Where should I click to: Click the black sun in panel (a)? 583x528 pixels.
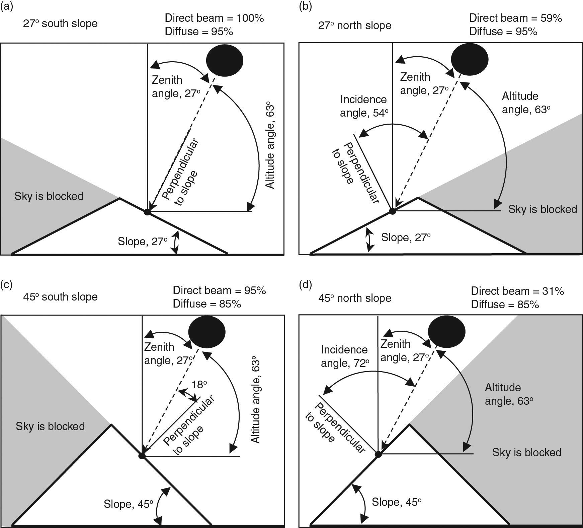[225, 61]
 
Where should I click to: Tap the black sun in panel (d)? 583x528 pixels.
[447, 332]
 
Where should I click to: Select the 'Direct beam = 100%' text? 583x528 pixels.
[215, 18]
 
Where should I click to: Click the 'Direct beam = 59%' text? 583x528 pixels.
[516, 18]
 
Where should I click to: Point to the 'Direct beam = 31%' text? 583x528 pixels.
[518, 291]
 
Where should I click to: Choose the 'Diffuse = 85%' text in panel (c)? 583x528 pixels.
[207, 304]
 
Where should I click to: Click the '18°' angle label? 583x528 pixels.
[200, 385]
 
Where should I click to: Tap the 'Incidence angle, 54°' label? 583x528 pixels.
[364, 106]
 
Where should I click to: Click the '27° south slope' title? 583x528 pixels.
[60, 24]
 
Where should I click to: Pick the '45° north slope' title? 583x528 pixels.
[354, 298]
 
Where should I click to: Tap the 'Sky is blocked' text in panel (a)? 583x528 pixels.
[49, 196]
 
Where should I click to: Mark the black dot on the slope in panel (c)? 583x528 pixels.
[142, 456]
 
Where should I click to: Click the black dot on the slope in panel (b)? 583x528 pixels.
[393, 211]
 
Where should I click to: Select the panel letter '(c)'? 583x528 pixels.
[7, 284]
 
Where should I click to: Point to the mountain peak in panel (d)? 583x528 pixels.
[409, 425]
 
